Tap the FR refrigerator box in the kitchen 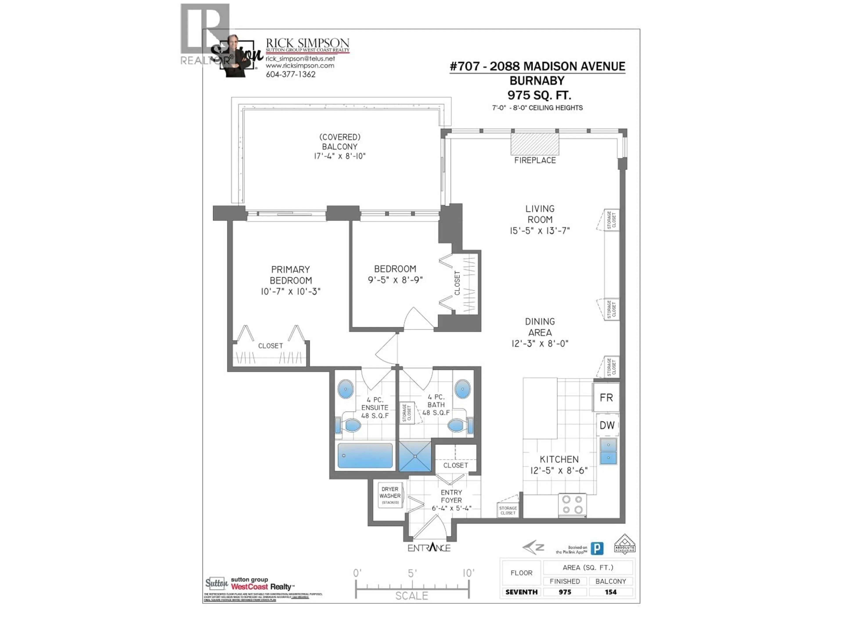606,398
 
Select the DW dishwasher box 607,425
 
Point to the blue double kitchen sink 608,451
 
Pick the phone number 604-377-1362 290,75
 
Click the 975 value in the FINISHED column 565,592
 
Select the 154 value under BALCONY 611,592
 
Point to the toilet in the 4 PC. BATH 458,425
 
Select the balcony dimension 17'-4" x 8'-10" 340,156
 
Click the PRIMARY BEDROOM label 290,275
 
